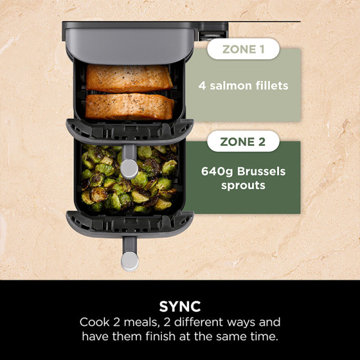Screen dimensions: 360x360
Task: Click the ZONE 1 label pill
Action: pos(243,49)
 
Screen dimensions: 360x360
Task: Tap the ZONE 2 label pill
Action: pos(243,142)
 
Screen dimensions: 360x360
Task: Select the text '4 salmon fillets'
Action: pos(243,85)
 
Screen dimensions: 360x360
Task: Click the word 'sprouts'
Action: pos(243,185)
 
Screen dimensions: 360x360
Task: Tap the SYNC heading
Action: pos(180,305)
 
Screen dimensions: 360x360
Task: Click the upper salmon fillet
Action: pos(129,77)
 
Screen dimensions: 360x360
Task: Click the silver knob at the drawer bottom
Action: pos(130,260)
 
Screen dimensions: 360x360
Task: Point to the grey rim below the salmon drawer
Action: pos(130,128)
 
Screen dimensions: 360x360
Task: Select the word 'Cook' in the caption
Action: pos(94,322)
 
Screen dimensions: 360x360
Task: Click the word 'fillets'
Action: pos(270,85)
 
